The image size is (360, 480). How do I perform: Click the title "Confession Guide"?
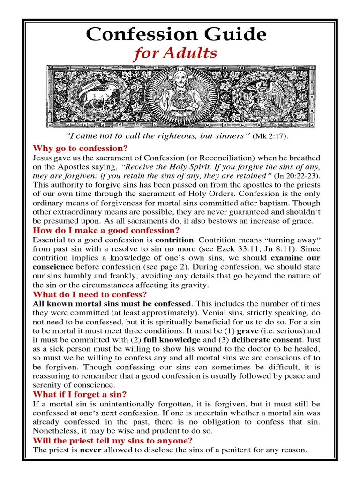176,34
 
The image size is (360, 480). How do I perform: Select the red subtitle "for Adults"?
176,54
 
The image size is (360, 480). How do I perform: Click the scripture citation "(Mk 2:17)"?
271,136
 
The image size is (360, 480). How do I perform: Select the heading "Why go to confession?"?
80,149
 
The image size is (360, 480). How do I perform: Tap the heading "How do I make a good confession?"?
106,230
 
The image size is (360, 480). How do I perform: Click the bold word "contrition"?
174,240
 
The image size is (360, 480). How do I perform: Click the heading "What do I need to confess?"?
90,294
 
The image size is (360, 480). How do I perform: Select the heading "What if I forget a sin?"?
79,394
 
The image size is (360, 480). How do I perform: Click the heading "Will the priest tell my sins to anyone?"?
112,440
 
